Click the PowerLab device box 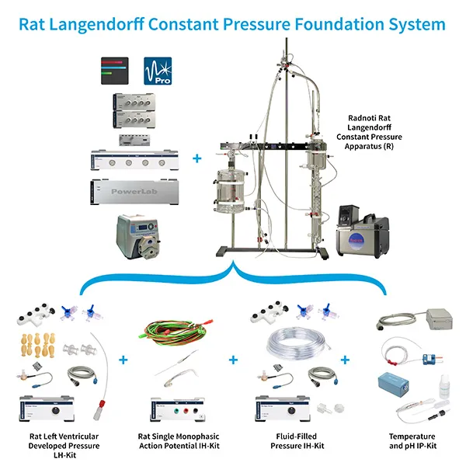point(130,190)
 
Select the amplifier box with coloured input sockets point(176,409)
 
